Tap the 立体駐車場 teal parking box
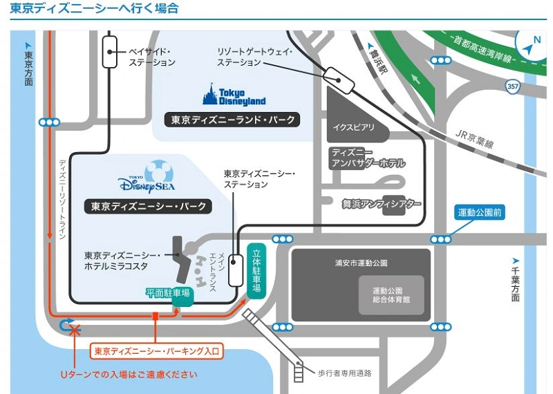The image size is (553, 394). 256,271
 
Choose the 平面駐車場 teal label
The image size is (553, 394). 168,293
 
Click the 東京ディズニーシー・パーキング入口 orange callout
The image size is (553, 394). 157,351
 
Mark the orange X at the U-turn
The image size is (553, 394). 75,329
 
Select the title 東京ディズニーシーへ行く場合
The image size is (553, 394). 94,9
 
